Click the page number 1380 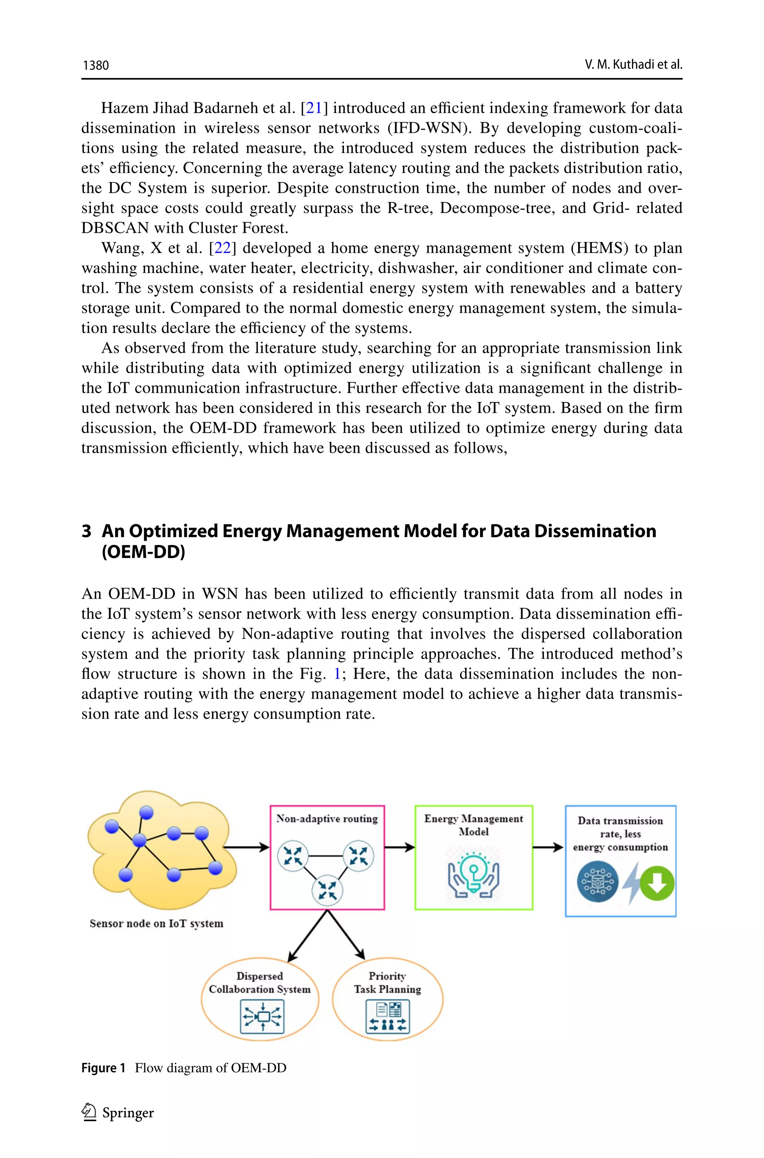point(95,65)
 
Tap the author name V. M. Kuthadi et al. point(633,64)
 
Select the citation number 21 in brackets point(314,108)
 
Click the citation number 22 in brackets point(222,248)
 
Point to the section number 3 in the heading point(86,531)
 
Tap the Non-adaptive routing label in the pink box point(327,819)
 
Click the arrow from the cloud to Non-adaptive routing point(246,847)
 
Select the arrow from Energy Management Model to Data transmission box point(548,847)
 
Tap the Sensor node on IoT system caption point(156,923)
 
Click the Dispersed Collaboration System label point(259,982)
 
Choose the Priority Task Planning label point(387,982)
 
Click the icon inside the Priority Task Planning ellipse point(387,1016)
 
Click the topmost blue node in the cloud point(146,812)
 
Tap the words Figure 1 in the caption point(103,1068)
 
